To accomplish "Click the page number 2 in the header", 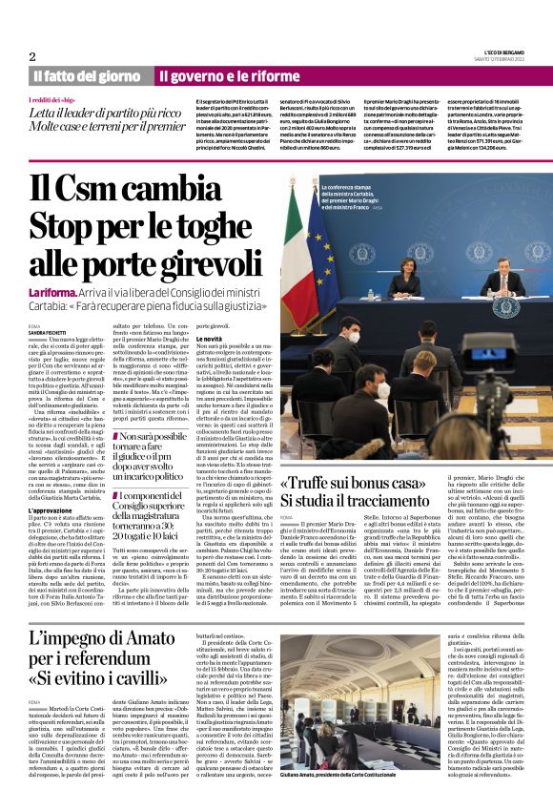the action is (31, 56).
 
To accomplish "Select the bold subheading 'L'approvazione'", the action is (53, 511).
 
